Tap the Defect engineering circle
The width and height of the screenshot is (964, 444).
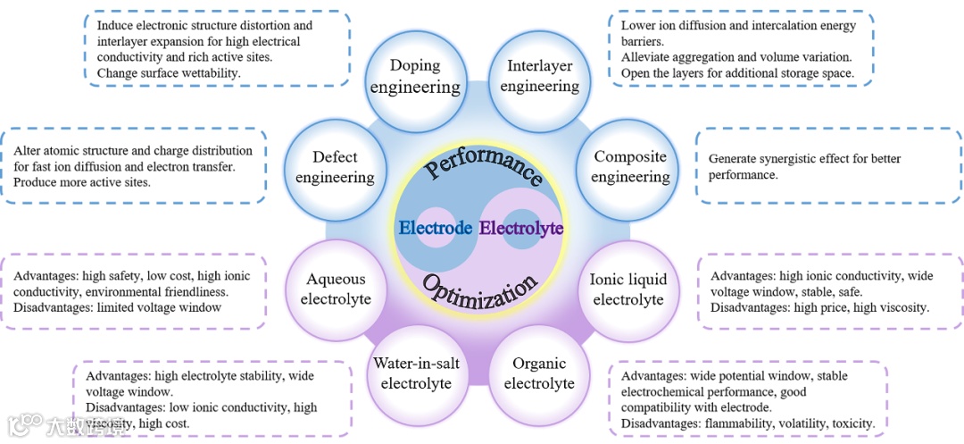[x=335, y=167]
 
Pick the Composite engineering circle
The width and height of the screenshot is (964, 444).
[x=630, y=167]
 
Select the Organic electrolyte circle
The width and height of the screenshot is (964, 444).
[x=539, y=374]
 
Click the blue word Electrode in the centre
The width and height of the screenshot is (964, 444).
[x=435, y=228]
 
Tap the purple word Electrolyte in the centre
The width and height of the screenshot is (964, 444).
[x=521, y=228]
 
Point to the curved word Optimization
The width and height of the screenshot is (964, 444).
[x=482, y=291]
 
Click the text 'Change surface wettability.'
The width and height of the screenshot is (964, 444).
[x=169, y=72]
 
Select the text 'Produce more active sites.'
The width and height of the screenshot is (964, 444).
[x=82, y=182]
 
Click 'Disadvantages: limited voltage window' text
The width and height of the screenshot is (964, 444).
[x=117, y=307]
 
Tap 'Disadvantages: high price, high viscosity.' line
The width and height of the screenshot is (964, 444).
[x=820, y=307]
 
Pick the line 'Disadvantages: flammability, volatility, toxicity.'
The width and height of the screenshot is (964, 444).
[x=748, y=423]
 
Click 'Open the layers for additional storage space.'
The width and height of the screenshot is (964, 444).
[x=737, y=72]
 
